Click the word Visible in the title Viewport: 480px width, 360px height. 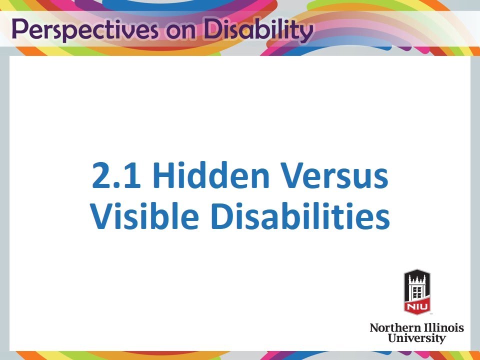tap(145, 216)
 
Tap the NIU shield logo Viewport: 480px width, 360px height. tap(417, 291)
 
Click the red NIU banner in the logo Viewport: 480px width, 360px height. tap(417, 305)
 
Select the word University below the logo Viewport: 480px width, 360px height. tap(416, 338)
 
